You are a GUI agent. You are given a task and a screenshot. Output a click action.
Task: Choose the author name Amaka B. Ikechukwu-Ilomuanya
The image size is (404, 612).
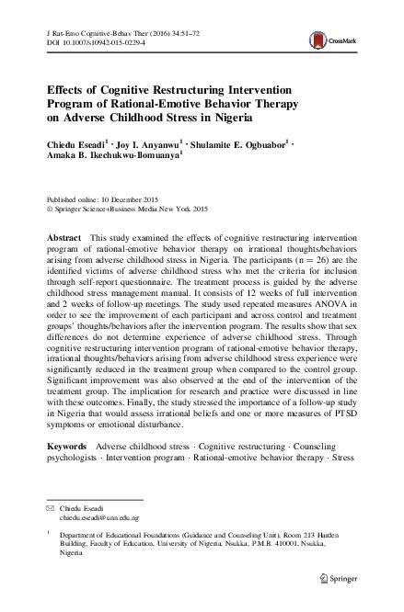(119, 157)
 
